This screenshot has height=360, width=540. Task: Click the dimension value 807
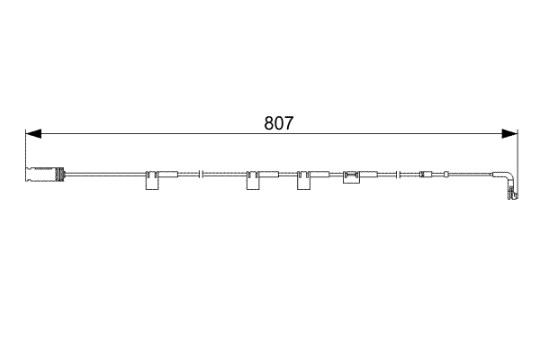point(278,124)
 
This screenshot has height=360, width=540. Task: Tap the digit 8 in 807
point(269,124)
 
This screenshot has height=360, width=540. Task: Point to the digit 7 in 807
point(288,124)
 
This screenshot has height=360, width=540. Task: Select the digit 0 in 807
point(278,124)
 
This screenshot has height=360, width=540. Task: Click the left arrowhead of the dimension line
point(32,134)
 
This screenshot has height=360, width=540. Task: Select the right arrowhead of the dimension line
point(510,134)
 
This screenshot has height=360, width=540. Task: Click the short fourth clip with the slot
point(350,178)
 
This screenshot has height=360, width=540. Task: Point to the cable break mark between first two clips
point(203,173)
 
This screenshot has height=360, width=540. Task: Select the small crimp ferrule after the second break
point(427,173)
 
